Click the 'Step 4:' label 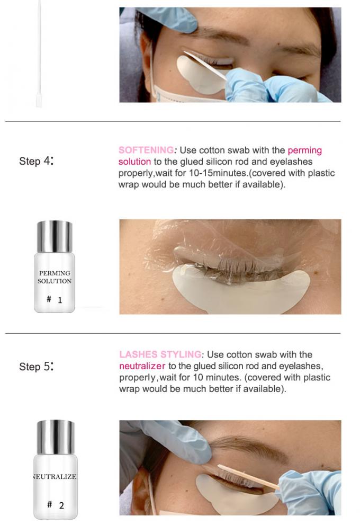36,161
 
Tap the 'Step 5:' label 36,366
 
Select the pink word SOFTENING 146,150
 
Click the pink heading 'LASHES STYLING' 160,354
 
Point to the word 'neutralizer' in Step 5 142,366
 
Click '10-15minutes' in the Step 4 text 218,173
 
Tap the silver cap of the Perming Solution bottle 55,236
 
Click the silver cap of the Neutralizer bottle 55,437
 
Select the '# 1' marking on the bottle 55,300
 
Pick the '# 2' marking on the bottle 56,505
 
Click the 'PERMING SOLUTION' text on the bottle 55,277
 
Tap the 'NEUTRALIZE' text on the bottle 55,476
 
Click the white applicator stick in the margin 39,54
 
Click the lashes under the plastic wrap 234,268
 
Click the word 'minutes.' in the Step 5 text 223,377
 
